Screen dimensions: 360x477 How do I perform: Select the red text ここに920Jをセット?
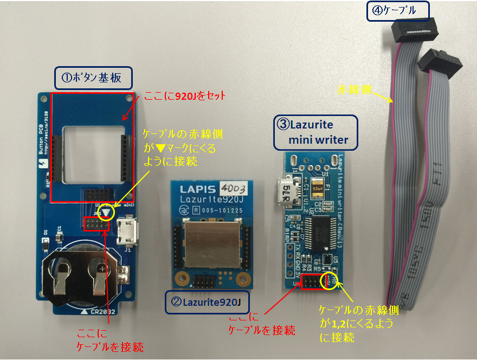[x=184, y=97]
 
